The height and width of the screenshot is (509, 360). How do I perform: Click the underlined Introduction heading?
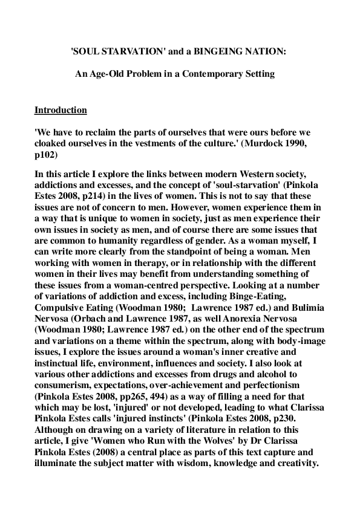(x=61, y=110)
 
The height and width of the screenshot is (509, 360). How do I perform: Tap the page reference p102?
(x=47, y=153)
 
